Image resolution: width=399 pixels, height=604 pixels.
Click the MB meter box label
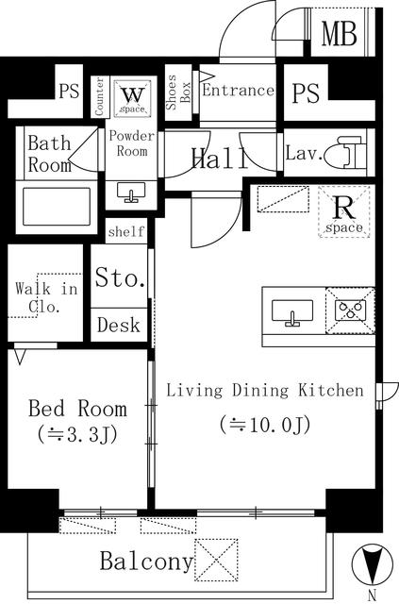click(x=340, y=34)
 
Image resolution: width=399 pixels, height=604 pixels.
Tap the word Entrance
click(x=239, y=91)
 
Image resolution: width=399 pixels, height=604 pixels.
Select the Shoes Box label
click(x=178, y=92)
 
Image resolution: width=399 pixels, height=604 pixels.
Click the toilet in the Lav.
click(x=344, y=152)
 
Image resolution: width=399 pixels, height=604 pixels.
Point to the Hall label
click(x=221, y=159)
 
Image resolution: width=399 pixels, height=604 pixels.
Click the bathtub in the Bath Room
click(x=57, y=207)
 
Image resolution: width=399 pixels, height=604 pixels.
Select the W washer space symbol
click(x=132, y=98)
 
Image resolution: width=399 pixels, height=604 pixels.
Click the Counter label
click(x=99, y=96)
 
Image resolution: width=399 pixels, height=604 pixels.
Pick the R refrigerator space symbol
click(x=344, y=211)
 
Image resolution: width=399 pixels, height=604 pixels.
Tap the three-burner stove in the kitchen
click(x=350, y=310)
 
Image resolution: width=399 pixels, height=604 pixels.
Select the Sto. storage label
click(x=120, y=277)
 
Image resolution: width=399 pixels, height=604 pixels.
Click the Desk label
click(x=119, y=325)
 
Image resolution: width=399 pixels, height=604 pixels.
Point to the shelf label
click(x=126, y=231)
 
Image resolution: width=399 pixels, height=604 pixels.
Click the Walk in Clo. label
click(x=46, y=297)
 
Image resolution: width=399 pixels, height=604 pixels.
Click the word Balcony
click(x=146, y=562)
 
